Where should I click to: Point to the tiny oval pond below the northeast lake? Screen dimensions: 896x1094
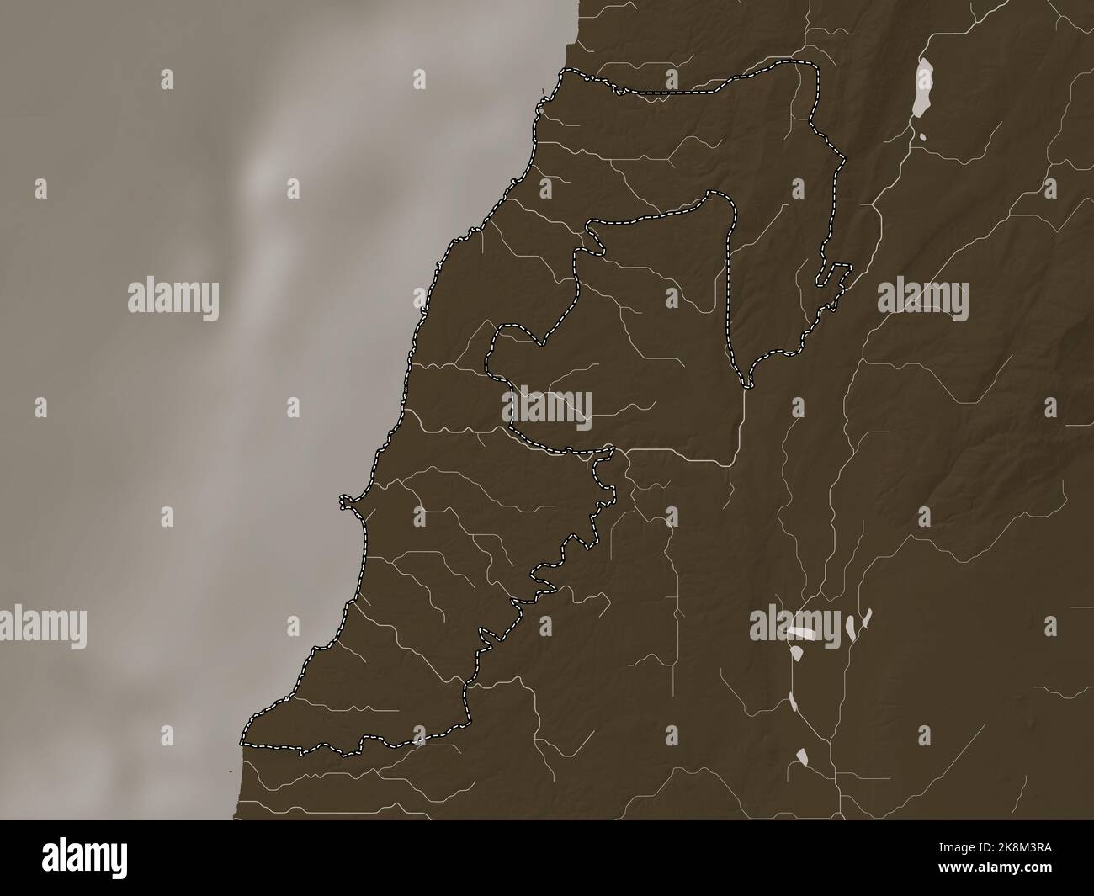923,136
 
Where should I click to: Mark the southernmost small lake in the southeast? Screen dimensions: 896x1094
803,757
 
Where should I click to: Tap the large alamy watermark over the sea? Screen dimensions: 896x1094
173,299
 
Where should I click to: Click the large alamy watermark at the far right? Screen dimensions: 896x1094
923,299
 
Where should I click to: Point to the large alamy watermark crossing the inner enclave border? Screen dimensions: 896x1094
548,410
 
